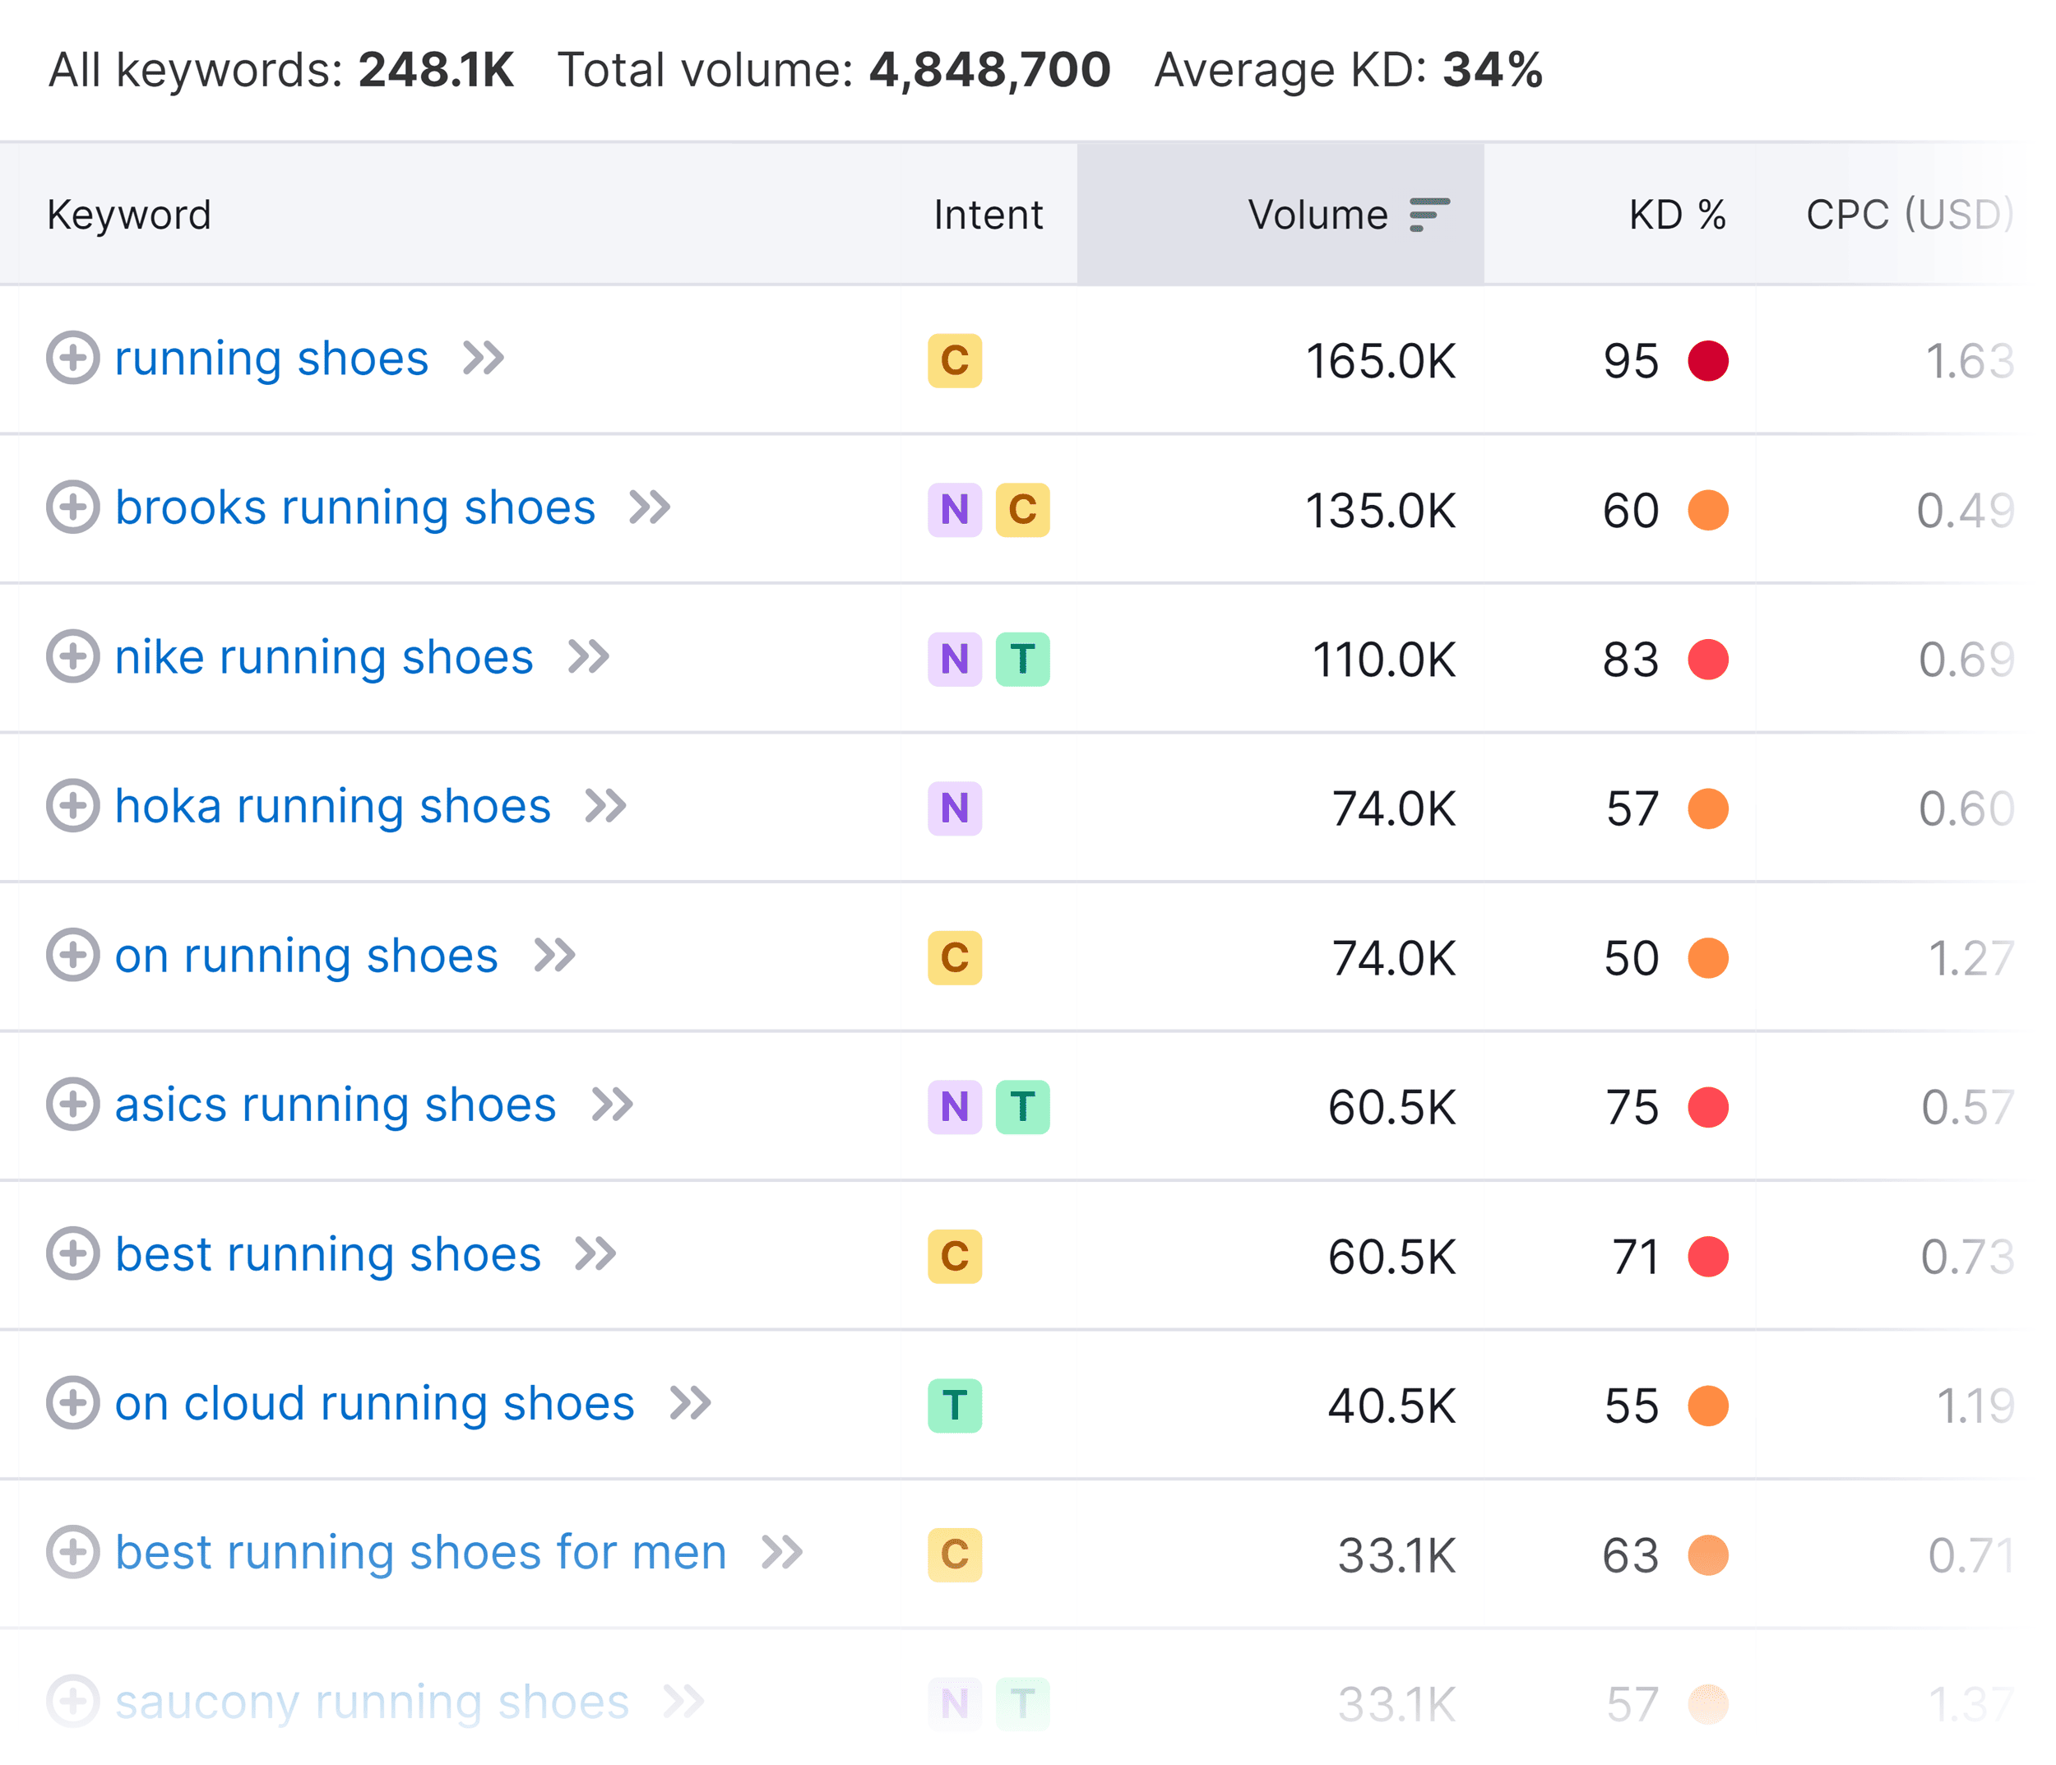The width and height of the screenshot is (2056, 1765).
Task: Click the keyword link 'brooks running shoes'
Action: [354, 508]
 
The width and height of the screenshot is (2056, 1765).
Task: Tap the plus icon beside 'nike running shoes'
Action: [72, 657]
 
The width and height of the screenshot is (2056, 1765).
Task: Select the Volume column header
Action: [1317, 215]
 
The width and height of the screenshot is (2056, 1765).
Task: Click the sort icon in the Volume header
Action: [1429, 215]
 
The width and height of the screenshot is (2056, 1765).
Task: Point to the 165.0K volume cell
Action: [1379, 361]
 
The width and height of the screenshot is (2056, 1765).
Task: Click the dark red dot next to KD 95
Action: [1707, 361]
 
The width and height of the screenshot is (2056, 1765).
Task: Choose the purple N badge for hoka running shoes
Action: [955, 808]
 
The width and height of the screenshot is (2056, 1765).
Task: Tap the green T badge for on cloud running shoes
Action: [955, 1405]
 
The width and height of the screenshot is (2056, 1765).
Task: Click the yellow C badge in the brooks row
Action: [1022, 510]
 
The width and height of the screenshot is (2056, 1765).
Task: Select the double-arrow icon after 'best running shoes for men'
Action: [782, 1553]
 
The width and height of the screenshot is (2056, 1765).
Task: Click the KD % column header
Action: [1676, 215]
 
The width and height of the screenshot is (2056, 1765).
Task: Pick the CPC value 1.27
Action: [1969, 958]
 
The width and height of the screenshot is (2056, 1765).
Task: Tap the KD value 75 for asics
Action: [1632, 1107]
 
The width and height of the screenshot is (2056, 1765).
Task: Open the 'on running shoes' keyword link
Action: [306, 957]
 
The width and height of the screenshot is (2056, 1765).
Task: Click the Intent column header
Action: [988, 215]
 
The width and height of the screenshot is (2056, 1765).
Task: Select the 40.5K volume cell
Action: [1392, 1406]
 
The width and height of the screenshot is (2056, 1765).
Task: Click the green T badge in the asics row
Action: [1022, 1106]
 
